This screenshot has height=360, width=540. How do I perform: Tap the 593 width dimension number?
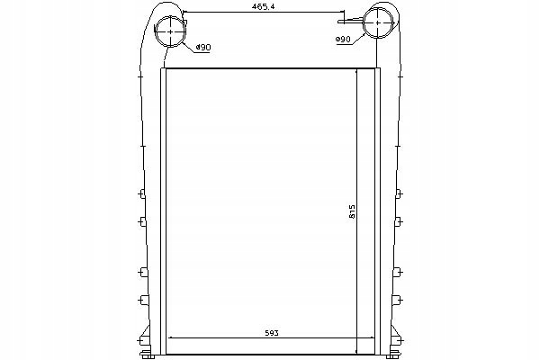[272, 333]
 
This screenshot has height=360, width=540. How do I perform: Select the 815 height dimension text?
[352, 211]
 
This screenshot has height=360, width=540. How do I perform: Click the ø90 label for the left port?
[203, 47]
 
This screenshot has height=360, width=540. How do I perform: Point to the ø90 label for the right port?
[343, 40]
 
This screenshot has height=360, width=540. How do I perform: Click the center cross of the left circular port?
[171, 31]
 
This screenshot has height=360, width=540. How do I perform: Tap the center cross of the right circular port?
[378, 22]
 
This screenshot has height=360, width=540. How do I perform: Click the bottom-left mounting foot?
[147, 354]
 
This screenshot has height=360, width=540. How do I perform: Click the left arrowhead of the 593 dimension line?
[169, 338]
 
